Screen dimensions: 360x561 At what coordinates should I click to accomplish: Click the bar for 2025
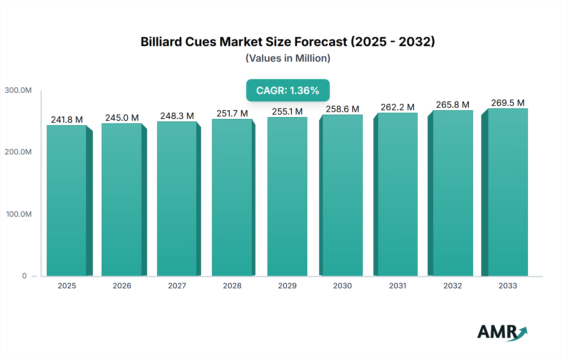pos(67,201)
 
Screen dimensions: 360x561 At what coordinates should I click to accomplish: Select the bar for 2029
pos(287,197)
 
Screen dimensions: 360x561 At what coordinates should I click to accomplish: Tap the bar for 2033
pos(507,192)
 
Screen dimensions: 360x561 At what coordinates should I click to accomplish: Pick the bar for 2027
pos(177,199)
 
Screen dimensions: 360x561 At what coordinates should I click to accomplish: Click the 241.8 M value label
pos(67,120)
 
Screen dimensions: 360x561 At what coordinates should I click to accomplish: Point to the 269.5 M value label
pos(508,103)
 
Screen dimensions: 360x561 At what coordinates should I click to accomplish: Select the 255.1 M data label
pos(287,111)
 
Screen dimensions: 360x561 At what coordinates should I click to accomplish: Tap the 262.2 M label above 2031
pos(397,107)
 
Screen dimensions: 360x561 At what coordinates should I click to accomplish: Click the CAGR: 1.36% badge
pos(288,90)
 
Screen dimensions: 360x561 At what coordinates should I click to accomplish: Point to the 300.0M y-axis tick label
pos(18,90)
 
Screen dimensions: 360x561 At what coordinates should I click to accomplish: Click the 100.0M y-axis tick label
pos(19,214)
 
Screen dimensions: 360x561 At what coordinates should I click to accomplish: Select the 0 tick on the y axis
pos(24,276)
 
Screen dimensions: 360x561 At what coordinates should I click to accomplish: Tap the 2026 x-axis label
pos(122,286)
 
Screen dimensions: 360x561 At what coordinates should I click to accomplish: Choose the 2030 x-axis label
pos(342,286)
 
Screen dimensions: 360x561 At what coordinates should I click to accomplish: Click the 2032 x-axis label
pos(453,286)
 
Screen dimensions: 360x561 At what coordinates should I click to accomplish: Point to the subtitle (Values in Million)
pos(288,58)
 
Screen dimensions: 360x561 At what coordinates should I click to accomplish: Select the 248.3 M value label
pos(177,116)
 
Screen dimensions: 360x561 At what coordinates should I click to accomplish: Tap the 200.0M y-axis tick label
pos(18,152)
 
